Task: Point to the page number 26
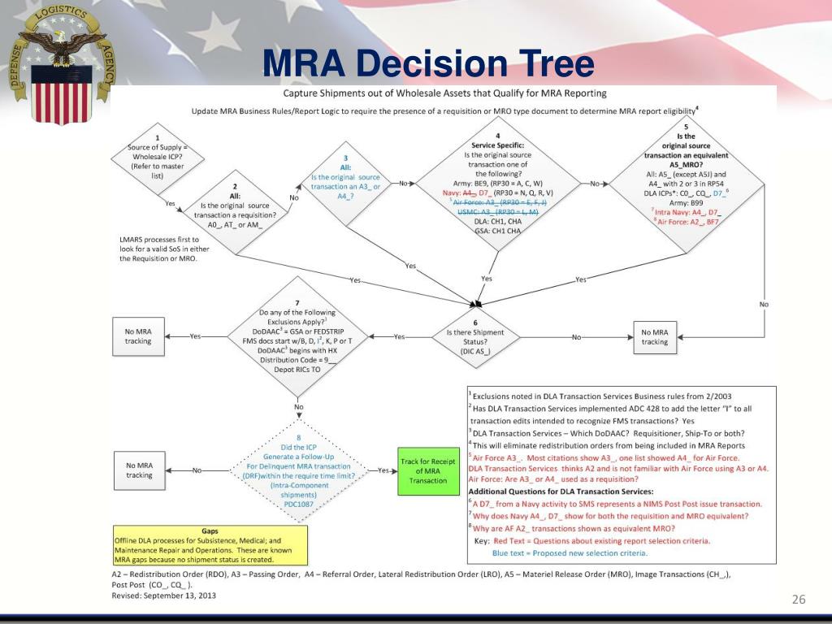click(x=798, y=600)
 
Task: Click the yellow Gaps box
click(x=210, y=545)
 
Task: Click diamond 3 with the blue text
click(x=345, y=184)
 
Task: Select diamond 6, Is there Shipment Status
click(x=475, y=336)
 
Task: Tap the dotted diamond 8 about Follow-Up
click(x=298, y=470)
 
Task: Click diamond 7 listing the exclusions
click(x=297, y=336)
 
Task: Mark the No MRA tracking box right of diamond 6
click(x=654, y=336)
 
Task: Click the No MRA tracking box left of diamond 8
click(x=139, y=470)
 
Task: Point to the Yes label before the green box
click(x=383, y=470)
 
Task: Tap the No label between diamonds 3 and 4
click(x=403, y=184)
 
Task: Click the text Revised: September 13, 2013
click(x=164, y=595)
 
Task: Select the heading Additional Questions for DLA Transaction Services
click(x=561, y=492)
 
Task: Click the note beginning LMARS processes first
click(x=159, y=249)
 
